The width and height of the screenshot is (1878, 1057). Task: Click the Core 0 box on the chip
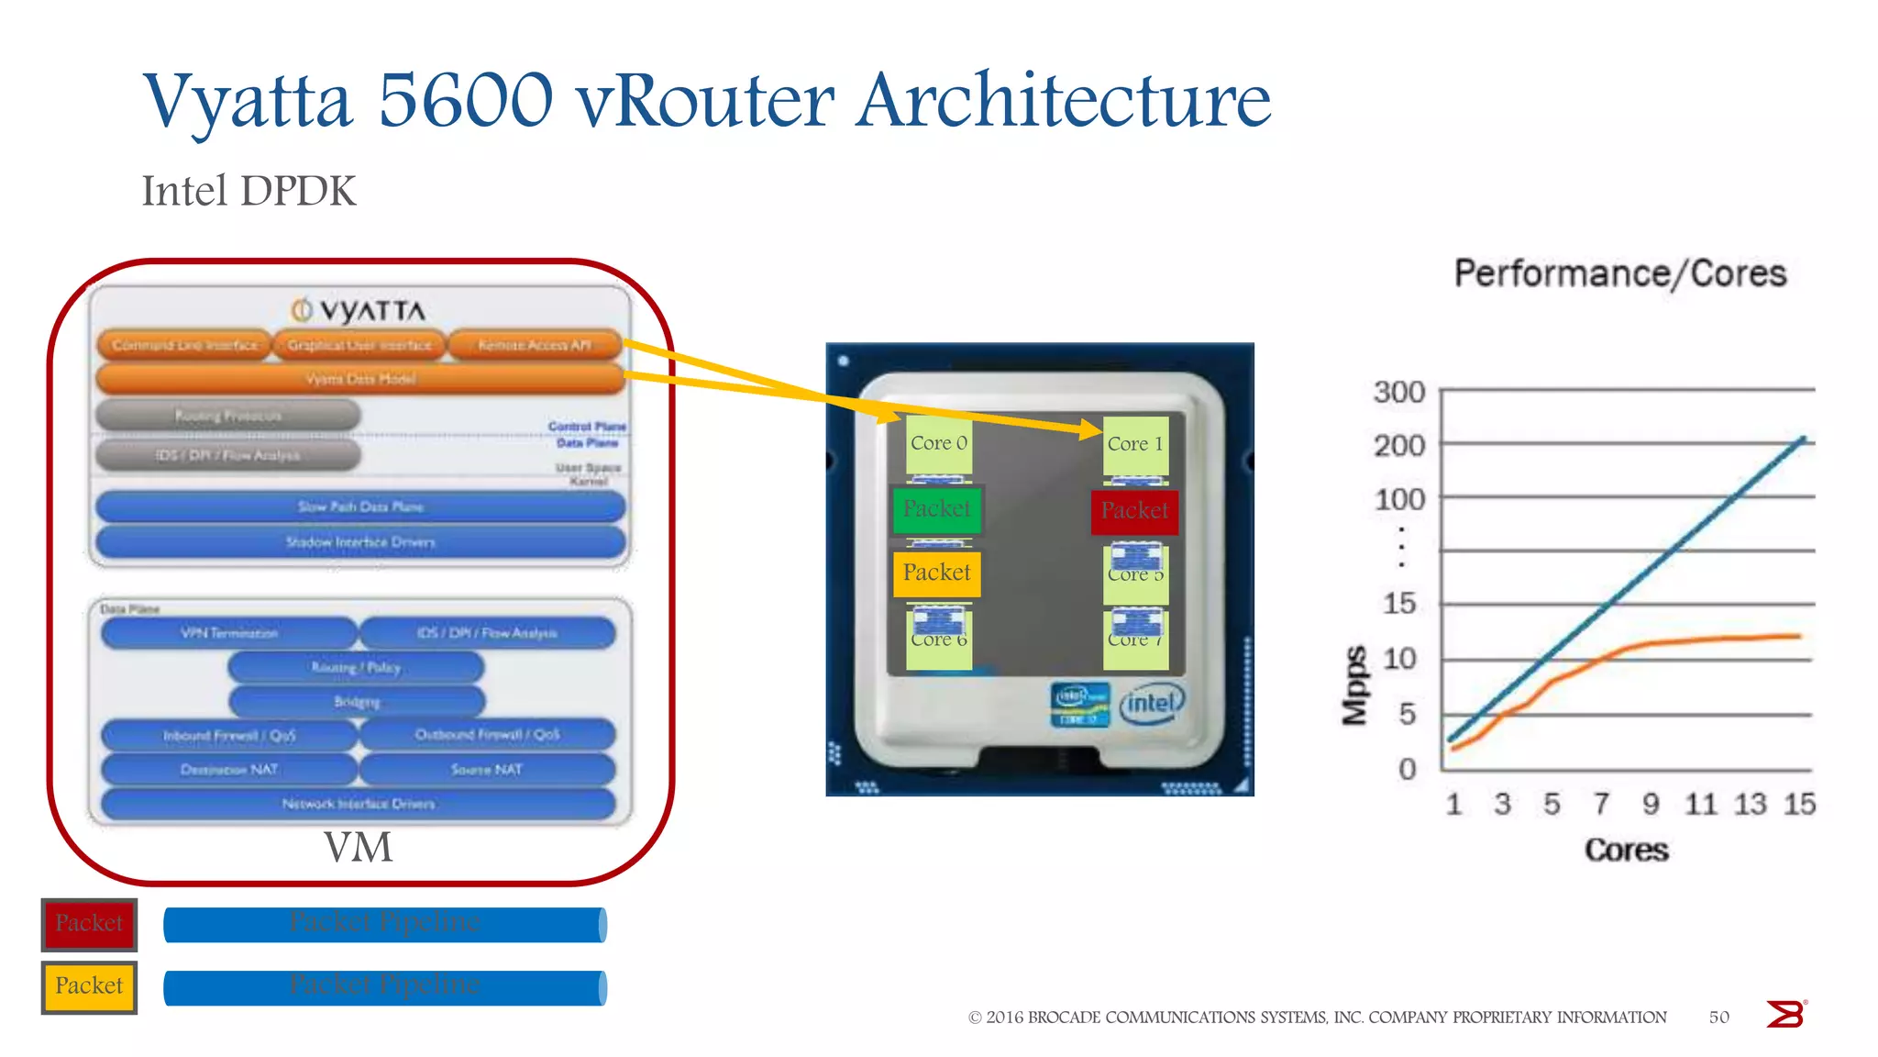coord(938,444)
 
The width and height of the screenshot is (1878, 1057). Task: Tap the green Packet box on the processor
coord(936,509)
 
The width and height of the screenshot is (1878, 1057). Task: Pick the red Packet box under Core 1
coord(1134,511)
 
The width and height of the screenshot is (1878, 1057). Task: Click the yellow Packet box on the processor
coord(936,573)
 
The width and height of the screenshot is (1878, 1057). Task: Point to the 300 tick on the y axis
coord(1398,393)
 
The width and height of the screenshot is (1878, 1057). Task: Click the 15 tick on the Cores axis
coord(1798,805)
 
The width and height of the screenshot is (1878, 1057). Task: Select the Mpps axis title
coord(1354,684)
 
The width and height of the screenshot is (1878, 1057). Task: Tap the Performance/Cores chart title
coord(1619,273)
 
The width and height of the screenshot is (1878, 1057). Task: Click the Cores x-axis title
coord(1626,850)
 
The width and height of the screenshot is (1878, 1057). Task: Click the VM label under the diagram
coord(358,847)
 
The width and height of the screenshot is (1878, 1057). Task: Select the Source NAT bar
coord(487,770)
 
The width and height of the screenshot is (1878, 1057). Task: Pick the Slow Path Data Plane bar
coord(360,506)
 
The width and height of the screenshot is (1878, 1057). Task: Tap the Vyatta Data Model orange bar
coord(360,379)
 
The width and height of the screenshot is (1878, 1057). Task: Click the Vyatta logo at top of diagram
coord(359,311)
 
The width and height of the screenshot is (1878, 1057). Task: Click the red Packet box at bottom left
coord(89,924)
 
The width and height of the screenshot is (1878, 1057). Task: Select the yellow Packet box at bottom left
coord(89,986)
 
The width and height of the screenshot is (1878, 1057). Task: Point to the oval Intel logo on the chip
coord(1152,704)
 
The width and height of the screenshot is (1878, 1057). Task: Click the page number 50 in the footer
coord(1718,1017)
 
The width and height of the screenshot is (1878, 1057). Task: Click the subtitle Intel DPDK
coord(249,192)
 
